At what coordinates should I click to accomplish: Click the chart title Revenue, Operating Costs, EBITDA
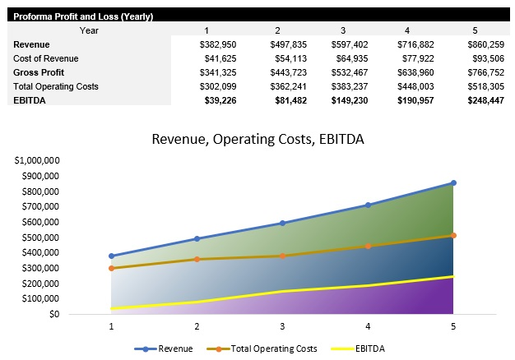[x=257, y=139]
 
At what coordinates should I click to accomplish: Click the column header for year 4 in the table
[x=406, y=30]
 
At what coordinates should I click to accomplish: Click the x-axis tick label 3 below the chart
[x=281, y=326]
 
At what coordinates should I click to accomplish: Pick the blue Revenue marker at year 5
[x=452, y=183]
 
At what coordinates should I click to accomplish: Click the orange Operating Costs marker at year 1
[x=111, y=268]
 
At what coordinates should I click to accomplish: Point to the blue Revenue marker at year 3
[x=281, y=223]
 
